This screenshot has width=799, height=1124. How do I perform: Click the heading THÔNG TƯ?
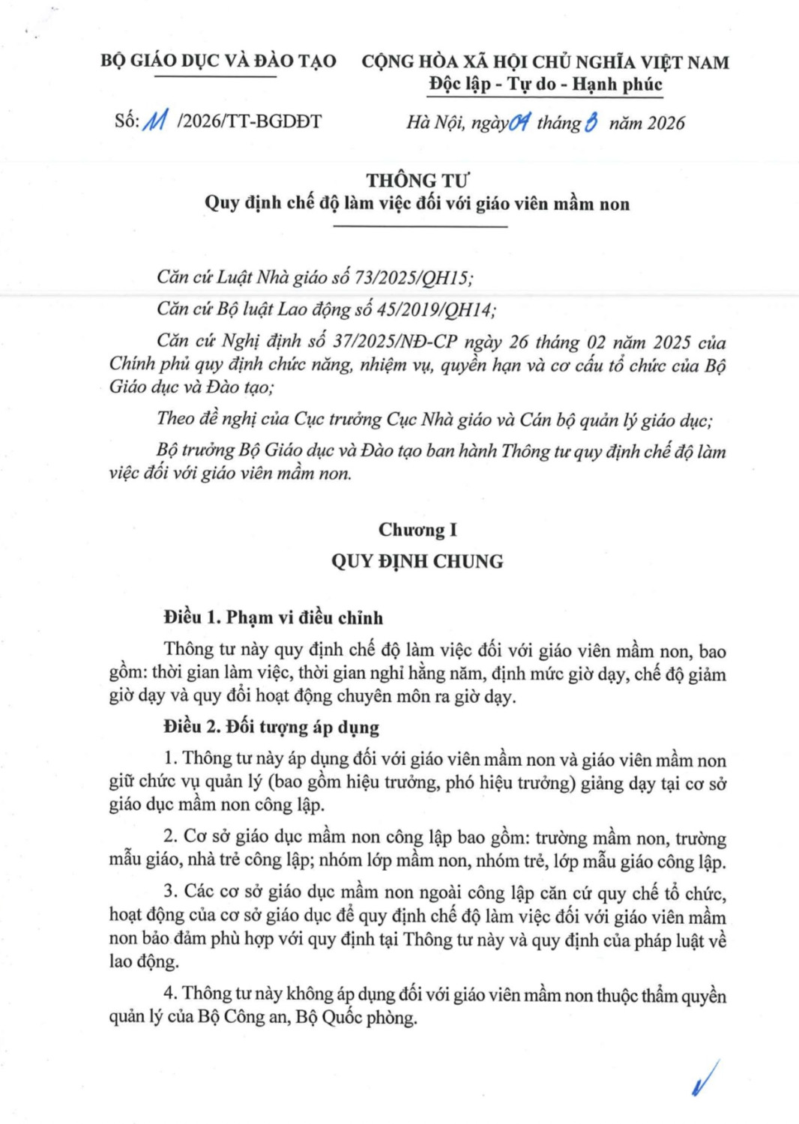point(417,181)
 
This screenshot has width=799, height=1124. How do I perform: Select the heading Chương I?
point(417,531)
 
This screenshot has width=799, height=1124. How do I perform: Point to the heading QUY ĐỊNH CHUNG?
point(417,561)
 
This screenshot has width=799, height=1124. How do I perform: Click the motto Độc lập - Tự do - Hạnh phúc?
point(546,84)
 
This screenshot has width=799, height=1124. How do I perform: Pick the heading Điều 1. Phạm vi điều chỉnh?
point(274,617)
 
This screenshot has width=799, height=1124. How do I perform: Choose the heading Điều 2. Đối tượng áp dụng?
point(271,727)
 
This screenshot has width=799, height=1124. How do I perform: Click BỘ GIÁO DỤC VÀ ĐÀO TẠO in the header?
point(218,61)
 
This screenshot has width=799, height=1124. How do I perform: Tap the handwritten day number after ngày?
point(519,122)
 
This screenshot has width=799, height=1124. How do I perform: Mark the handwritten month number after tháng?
point(591,122)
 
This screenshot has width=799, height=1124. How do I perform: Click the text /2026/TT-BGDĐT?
point(249,121)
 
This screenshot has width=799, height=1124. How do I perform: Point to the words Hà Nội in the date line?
point(434,123)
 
